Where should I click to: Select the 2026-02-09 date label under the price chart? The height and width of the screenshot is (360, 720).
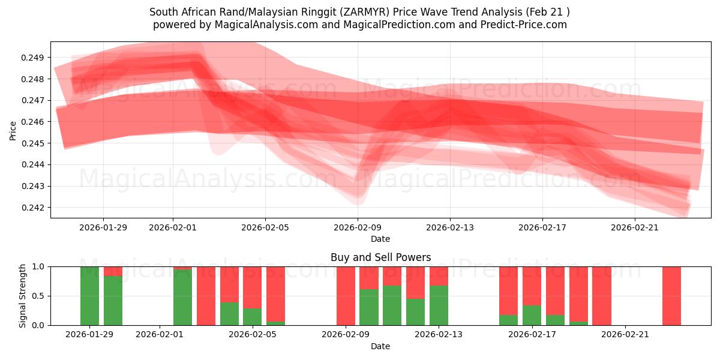click(x=358, y=227)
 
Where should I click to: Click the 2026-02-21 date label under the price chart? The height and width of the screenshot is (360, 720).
click(x=635, y=227)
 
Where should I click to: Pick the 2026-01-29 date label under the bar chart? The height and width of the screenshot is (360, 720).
click(x=89, y=335)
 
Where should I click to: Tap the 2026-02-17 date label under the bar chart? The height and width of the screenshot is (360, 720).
click(x=532, y=335)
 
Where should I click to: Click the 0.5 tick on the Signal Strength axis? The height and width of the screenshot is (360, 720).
click(x=38, y=296)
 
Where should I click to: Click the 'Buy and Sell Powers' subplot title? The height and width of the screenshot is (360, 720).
click(x=380, y=257)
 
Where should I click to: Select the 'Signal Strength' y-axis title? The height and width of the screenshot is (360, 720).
click(x=23, y=295)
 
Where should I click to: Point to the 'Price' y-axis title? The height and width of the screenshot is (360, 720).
click(x=13, y=130)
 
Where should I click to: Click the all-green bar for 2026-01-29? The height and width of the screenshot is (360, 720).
click(x=89, y=296)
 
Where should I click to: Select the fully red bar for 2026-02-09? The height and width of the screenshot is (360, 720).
click(x=346, y=296)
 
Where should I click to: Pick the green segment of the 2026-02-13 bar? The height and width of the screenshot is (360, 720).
click(x=439, y=305)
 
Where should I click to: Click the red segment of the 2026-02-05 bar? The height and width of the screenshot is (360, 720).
click(x=252, y=287)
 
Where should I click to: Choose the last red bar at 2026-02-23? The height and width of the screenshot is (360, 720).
click(x=671, y=296)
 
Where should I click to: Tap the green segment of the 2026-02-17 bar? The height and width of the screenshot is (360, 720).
click(x=532, y=315)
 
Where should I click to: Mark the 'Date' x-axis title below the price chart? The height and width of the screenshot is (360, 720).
click(x=380, y=239)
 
